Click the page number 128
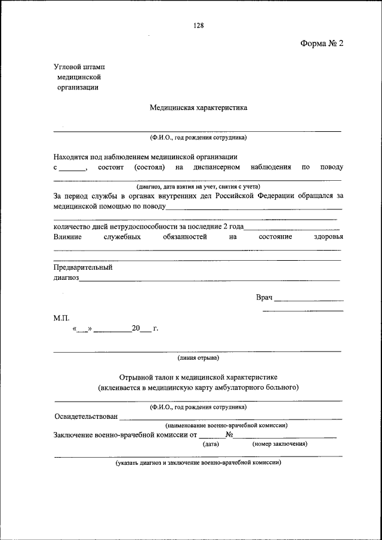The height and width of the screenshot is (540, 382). click(199, 25)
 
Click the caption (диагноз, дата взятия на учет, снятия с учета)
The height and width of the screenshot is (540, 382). click(198, 186)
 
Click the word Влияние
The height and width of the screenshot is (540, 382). click(67, 237)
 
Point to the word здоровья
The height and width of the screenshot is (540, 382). click(328, 237)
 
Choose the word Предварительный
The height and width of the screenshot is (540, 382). click(83, 267)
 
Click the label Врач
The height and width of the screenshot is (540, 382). click(264, 297)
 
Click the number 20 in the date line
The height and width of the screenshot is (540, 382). click(136, 328)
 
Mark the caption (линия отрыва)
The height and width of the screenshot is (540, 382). click(198, 358)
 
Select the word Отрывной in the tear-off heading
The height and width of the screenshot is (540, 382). click(135, 378)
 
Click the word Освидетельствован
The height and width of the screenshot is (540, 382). click(85, 416)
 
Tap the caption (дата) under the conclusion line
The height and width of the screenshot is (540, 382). click(211, 444)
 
